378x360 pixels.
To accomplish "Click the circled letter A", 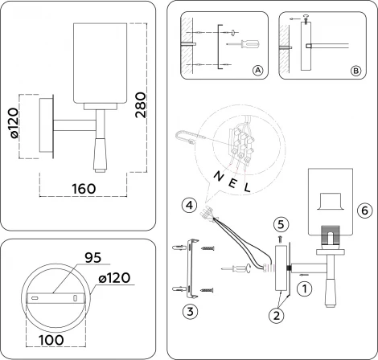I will (x=257, y=71).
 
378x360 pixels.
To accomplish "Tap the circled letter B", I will (x=356, y=71).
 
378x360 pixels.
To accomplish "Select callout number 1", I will (x=303, y=284).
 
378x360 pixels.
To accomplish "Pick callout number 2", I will (x=277, y=316).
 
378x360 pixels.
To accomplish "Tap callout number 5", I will (x=280, y=223).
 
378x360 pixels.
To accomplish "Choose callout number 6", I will (x=364, y=211).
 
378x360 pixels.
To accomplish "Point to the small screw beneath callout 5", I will (x=280, y=239).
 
